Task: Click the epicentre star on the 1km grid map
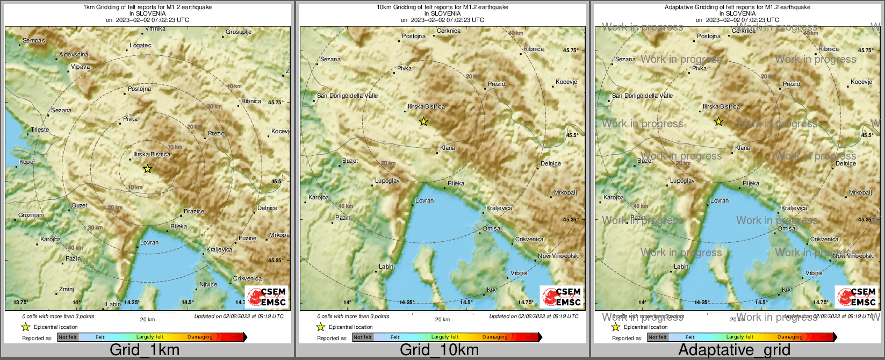tap(148, 169)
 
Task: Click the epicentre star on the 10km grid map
tap(423, 121)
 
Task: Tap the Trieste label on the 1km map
tap(40, 129)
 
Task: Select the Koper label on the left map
tap(27, 162)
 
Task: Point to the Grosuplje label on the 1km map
tap(239, 32)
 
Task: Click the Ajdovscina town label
tap(74, 55)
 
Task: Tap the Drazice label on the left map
tap(194, 211)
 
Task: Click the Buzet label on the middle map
tap(350, 161)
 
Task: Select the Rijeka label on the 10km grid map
tap(456, 183)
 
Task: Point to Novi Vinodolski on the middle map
tap(559, 256)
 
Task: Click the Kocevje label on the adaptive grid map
tap(861, 82)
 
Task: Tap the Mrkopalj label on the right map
tap(860, 192)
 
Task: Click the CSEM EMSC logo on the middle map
tap(562, 297)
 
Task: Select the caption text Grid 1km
tap(145, 350)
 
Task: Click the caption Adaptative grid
tap(734, 350)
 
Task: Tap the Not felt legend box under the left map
tap(68, 337)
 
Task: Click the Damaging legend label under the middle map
tap(495, 337)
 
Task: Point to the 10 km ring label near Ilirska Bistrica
tap(175, 147)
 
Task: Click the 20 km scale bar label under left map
tap(147, 320)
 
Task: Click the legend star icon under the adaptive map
tap(615, 327)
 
